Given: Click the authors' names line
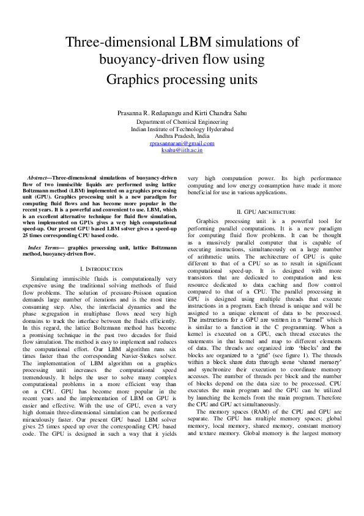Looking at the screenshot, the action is [x=182, y=114].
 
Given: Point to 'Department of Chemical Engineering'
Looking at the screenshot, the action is [x=182, y=122].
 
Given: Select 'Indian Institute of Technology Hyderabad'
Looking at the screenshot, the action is [x=182, y=129].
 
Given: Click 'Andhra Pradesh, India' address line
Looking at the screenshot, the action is [x=182, y=136].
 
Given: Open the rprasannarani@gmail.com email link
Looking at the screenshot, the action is [x=182, y=143].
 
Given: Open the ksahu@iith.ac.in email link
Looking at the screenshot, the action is [x=182, y=150].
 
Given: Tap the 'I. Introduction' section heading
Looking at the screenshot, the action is [x=102, y=269].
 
